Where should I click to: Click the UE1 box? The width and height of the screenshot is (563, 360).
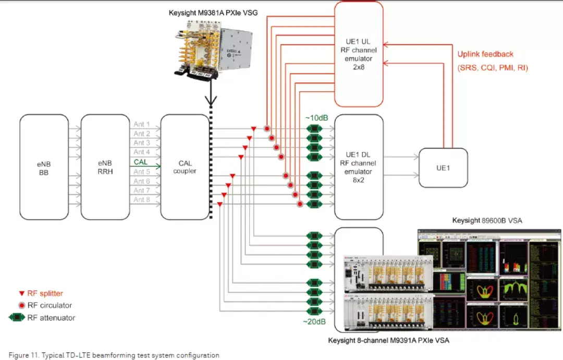(444, 168)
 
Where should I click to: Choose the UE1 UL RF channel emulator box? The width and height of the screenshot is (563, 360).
(359, 54)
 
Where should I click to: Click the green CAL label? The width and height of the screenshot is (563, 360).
(141, 162)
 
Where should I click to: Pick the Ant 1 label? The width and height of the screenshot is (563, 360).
(142, 125)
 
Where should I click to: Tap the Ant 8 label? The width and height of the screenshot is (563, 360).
(142, 200)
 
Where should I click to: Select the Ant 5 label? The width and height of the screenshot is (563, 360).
(142, 171)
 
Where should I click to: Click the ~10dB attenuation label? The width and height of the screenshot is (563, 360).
(316, 118)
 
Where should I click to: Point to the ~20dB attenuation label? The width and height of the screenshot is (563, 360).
(314, 321)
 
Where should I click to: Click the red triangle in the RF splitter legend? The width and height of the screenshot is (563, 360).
(21, 294)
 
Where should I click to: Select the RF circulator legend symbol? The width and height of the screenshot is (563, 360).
(21, 305)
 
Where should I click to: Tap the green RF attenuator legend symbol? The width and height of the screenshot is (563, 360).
(18, 317)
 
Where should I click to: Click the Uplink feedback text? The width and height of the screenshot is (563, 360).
(485, 54)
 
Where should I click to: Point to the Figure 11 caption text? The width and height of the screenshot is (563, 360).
(114, 355)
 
